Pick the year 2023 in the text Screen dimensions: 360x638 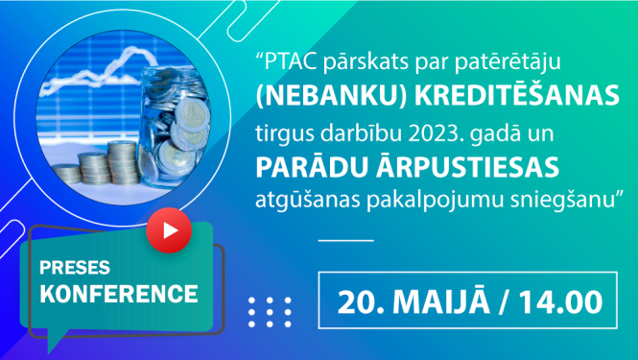click(x=461, y=132)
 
